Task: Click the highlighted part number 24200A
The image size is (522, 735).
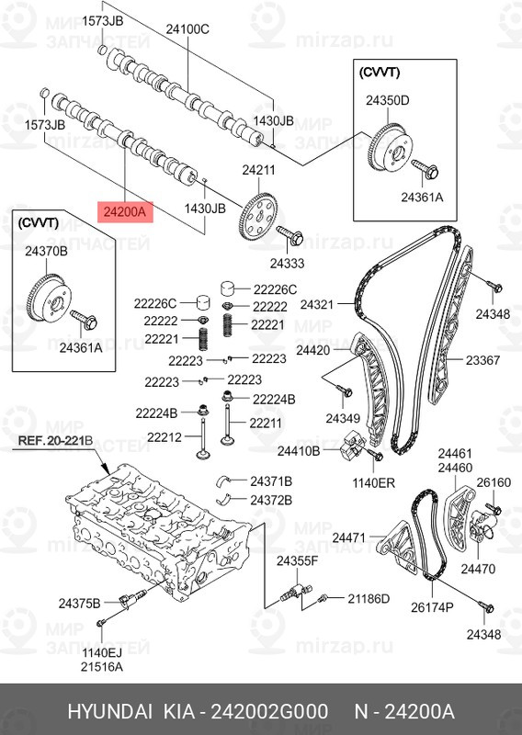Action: click(x=125, y=212)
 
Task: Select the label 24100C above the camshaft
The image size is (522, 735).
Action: click(x=187, y=29)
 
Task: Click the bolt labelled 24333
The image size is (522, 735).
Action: click(x=290, y=236)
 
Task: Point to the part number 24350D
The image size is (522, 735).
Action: click(x=388, y=100)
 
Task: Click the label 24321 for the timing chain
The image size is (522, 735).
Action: click(x=316, y=304)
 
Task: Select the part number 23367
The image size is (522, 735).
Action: click(x=482, y=360)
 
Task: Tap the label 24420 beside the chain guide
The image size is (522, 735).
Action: click(x=312, y=350)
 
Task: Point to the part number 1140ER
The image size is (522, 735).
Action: click(x=374, y=482)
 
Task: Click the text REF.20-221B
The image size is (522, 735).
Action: click(x=55, y=441)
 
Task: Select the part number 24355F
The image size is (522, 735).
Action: click(x=298, y=560)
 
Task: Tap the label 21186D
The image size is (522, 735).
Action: click(x=369, y=599)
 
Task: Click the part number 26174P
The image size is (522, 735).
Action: click(x=432, y=607)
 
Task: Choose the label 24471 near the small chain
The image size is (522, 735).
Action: click(x=348, y=537)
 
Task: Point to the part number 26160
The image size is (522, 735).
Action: click(x=494, y=482)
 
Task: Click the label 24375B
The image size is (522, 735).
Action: click(x=79, y=604)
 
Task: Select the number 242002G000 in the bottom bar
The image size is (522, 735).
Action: click(x=269, y=711)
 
